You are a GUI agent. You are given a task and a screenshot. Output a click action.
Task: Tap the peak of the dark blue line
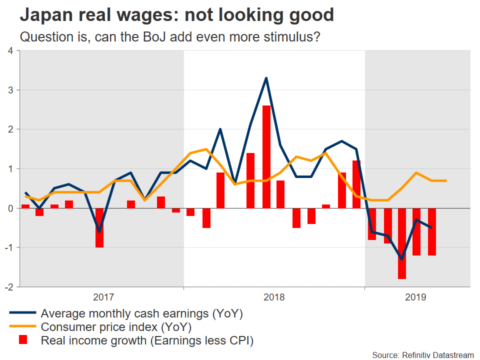(x=266, y=78)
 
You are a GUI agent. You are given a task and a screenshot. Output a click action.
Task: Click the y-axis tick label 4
(x=10, y=50)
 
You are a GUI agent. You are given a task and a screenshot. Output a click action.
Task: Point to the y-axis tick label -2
(x=8, y=287)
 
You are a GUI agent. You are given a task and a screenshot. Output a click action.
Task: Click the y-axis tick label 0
(x=10, y=208)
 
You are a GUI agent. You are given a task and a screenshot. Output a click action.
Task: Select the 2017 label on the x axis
(x=104, y=297)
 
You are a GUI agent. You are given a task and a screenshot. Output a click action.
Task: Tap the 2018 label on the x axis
(x=274, y=297)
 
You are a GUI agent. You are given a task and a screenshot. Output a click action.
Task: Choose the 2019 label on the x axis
(x=415, y=297)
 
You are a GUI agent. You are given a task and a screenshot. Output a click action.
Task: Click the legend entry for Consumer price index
(x=116, y=327)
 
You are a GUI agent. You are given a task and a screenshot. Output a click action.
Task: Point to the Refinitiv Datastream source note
(x=422, y=354)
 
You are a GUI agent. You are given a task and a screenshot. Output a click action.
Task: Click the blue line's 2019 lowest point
(x=401, y=259)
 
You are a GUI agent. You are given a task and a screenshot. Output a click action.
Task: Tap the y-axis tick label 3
(x=10, y=90)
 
